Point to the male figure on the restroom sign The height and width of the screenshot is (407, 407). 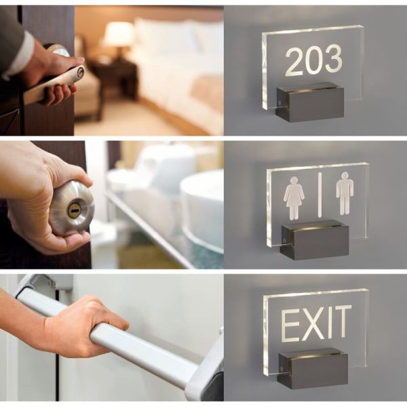[x=345, y=193]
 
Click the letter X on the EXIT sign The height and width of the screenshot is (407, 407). [x=313, y=324]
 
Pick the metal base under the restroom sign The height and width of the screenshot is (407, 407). [x=314, y=240]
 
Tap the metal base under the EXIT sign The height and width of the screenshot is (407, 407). [x=312, y=370]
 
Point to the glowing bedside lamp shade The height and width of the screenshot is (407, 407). [x=119, y=34]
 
